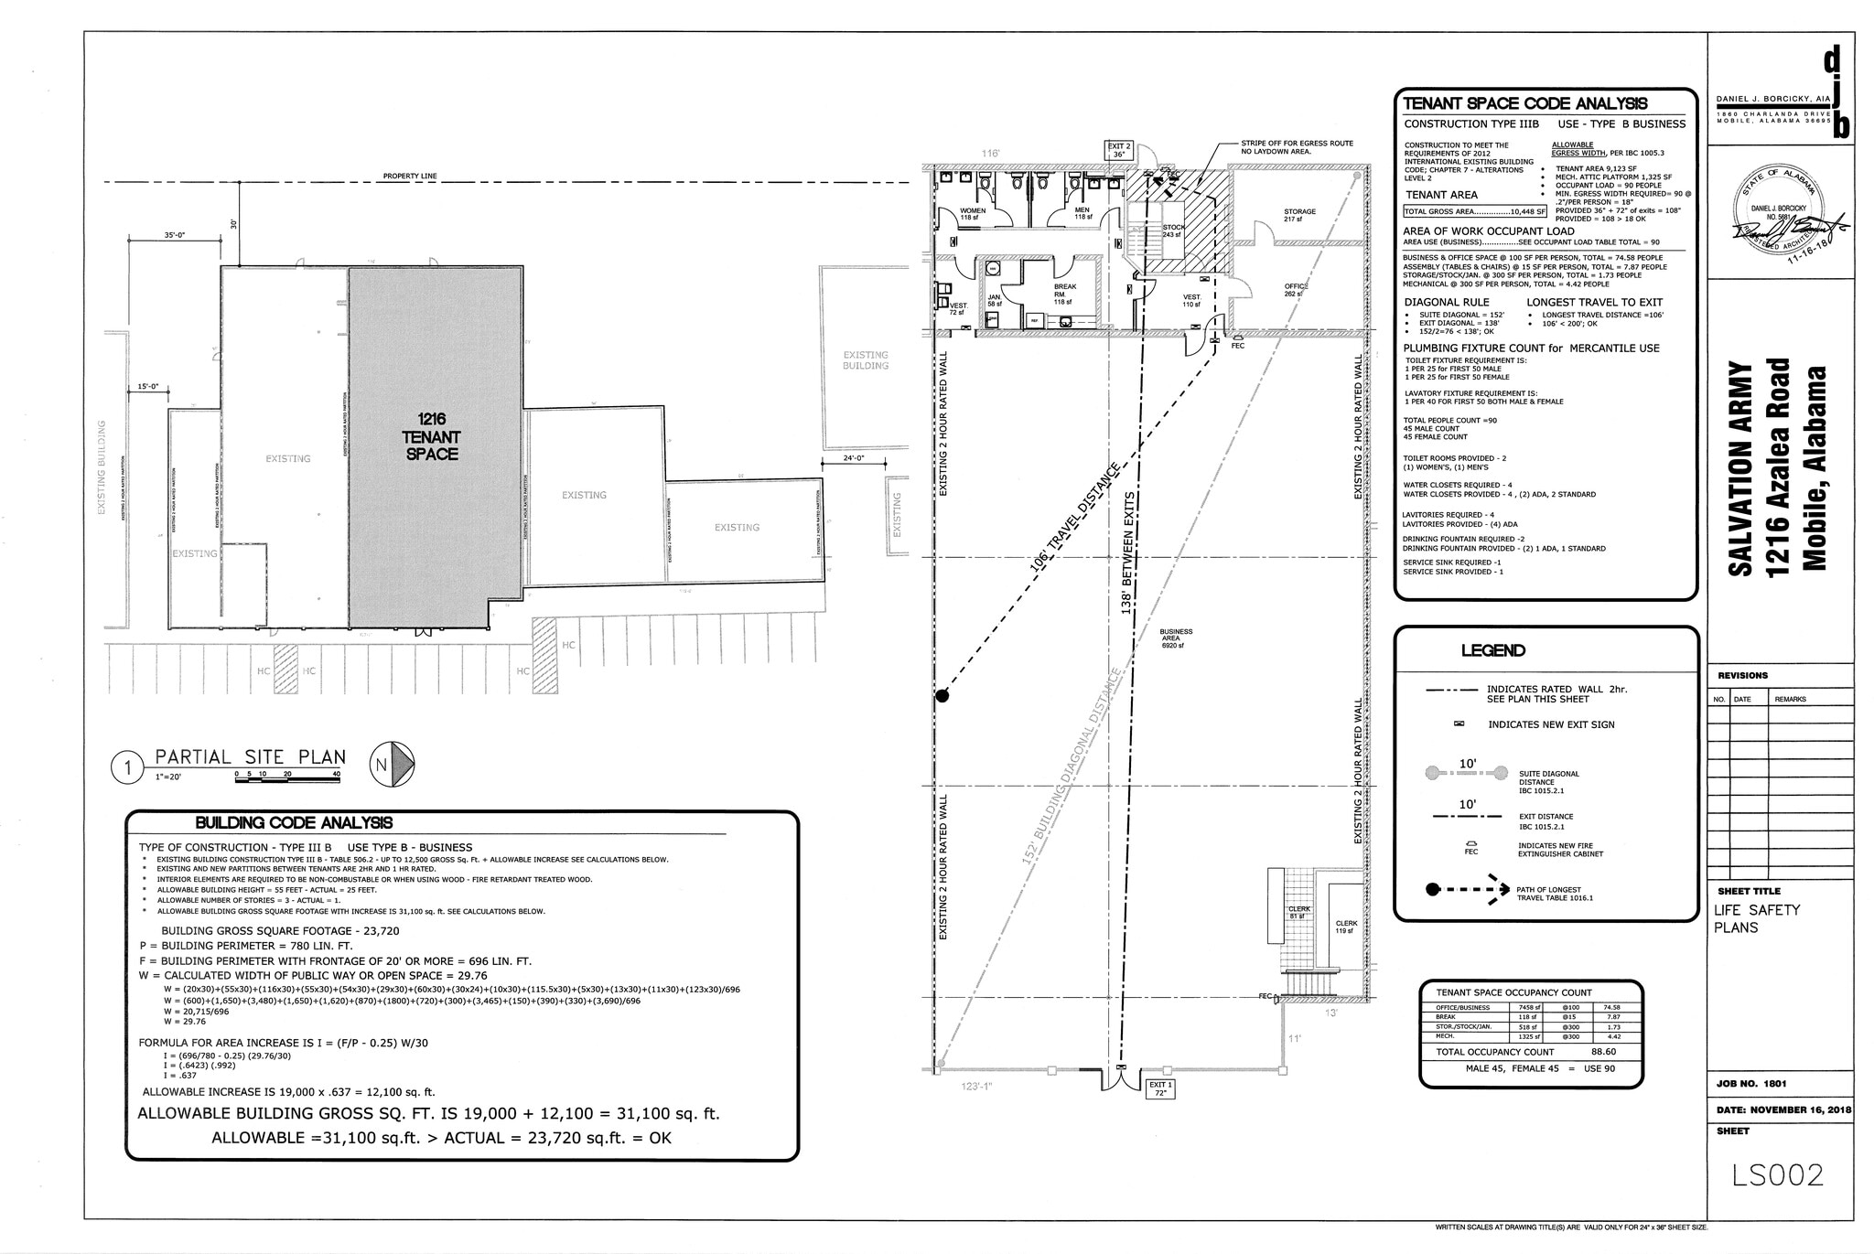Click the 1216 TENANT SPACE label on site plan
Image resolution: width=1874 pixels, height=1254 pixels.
pyautogui.click(x=431, y=436)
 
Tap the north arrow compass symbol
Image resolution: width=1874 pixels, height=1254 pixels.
pyautogui.click(x=393, y=765)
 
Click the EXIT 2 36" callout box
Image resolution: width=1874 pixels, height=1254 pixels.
pyautogui.click(x=1120, y=151)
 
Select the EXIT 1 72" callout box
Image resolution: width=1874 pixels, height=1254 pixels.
pyautogui.click(x=1158, y=1088)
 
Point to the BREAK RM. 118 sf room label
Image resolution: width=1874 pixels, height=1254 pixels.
pyautogui.click(x=1064, y=294)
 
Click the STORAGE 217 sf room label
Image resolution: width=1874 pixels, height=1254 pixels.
pyautogui.click(x=1298, y=215)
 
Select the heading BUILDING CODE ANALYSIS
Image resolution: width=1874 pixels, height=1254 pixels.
pyautogui.click(x=295, y=823)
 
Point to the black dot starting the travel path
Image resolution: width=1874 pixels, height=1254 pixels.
pyautogui.click(x=942, y=697)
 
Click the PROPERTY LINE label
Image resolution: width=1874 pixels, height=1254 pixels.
pyautogui.click(x=409, y=176)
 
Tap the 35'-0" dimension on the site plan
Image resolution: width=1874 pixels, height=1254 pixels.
pyautogui.click(x=174, y=235)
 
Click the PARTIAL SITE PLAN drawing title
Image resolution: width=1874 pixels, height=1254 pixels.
pyautogui.click(x=250, y=757)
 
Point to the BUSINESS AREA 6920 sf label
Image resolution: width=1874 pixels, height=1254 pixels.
pyautogui.click(x=1175, y=638)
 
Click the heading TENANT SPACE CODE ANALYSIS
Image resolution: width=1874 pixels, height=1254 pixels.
pyautogui.click(x=1525, y=103)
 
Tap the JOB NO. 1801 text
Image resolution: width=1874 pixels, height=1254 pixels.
pyautogui.click(x=1750, y=1083)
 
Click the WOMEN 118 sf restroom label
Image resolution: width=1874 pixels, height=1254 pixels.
pyautogui.click(x=973, y=214)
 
